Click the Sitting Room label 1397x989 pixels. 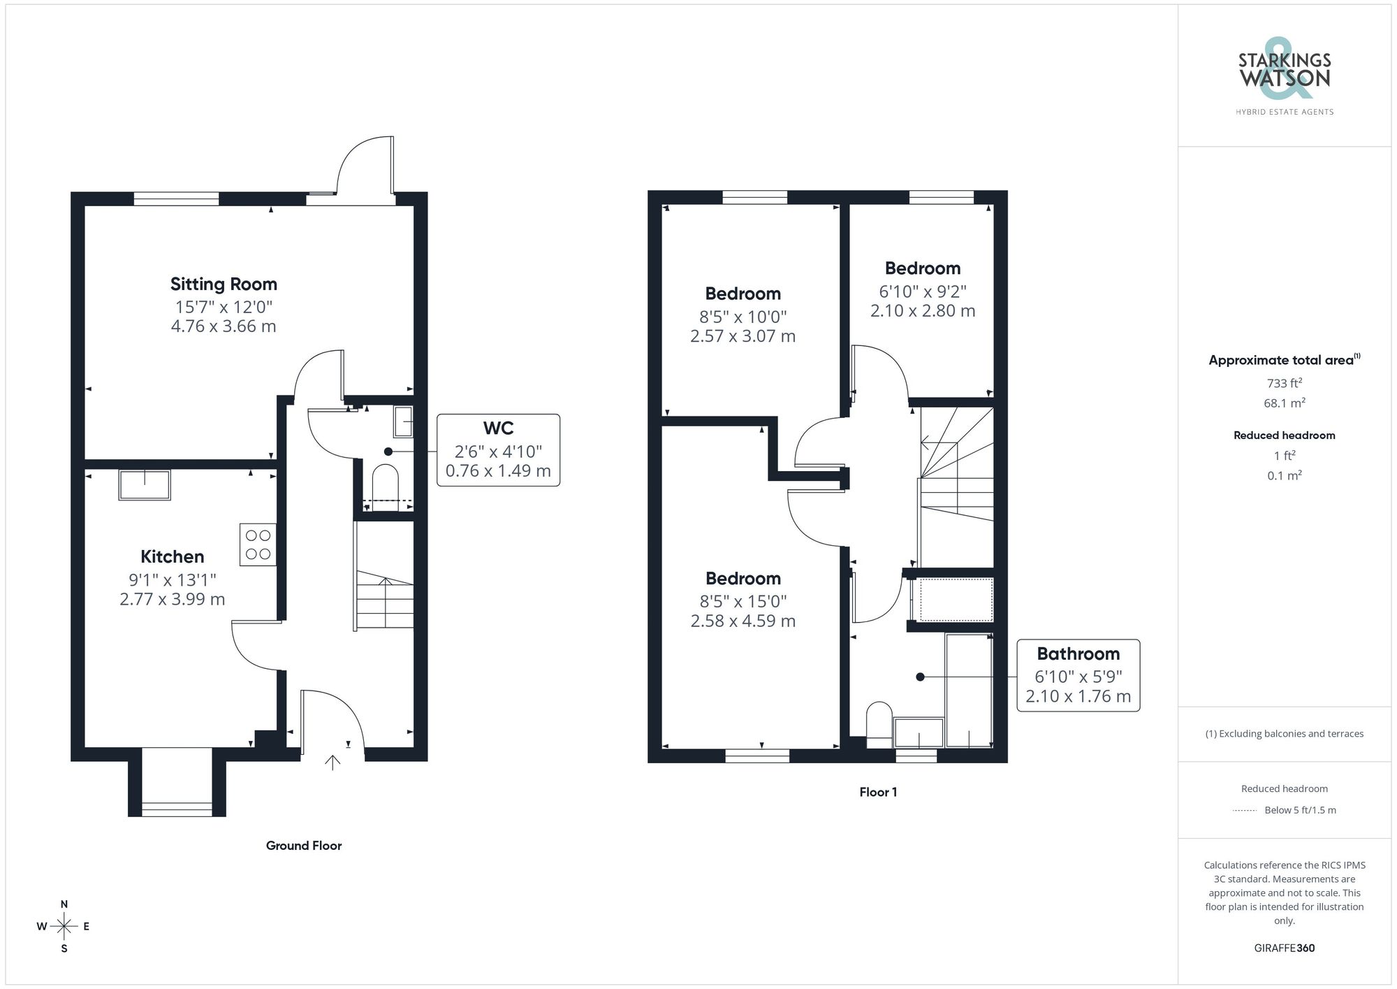pyautogui.click(x=224, y=284)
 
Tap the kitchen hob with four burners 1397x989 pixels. pyautogui.click(x=258, y=544)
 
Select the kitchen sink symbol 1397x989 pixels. pyautogui.click(x=145, y=485)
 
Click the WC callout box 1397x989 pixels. pyautogui.click(x=498, y=449)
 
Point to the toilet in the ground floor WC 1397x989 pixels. pyautogui.click(x=385, y=481)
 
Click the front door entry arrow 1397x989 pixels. pyautogui.click(x=332, y=763)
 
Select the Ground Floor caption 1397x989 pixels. pyautogui.click(x=304, y=846)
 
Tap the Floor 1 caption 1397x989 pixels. pyautogui.click(x=878, y=792)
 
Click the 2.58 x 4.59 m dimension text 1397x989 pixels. pyautogui.click(x=743, y=621)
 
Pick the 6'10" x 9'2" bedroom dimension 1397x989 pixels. pyautogui.click(x=922, y=291)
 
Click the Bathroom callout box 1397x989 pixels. pyautogui.click(x=1078, y=675)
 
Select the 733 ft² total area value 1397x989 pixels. pyautogui.click(x=1284, y=383)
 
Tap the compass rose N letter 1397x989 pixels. pyautogui.click(x=64, y=904)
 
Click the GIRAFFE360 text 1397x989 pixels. pyautogui.click(x=1284, y=948)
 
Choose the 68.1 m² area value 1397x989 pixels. pyautogui.click(x=1284, y=403)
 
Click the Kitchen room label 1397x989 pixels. pyautogui.click(x=173, y=556)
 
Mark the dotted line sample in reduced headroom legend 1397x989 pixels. pyautogui.click(x=1245, y=811)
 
